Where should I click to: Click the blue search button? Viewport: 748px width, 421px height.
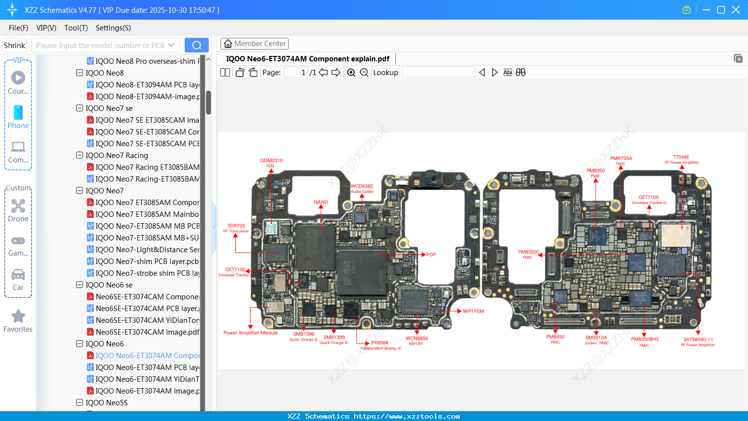[x=196, y=45]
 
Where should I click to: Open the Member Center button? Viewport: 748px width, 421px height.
[x=254, y=44]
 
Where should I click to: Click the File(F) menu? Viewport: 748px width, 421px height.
[x=19, y=28]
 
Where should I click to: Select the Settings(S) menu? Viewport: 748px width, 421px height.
[x=113, y=28]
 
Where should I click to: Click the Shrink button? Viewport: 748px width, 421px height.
[x=15, y=45]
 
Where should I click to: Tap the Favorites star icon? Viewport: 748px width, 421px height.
[x=18, y=316]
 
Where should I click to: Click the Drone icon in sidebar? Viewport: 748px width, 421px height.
[x=18, y=206]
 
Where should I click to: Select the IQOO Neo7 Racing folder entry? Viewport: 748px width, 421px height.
[x=117, y=156]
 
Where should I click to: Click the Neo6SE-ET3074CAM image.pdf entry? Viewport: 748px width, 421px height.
[x=147, y=332]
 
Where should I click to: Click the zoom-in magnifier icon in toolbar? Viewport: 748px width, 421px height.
[x=351, y=73]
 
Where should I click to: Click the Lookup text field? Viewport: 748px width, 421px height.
[x=438, y=73]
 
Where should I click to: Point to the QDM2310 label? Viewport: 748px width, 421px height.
[x=271, y=160]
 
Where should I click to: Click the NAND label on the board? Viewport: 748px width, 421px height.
[x=321, y=202]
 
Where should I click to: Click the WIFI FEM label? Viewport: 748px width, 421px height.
[x=473, y=311]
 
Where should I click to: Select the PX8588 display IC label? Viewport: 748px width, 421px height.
[x=380, y=343]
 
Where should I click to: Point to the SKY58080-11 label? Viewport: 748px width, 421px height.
[x=698, y=340]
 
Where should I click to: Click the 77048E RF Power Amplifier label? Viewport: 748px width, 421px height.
[x=681, y=158]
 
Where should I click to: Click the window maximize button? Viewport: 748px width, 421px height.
[x=721, y=10]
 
